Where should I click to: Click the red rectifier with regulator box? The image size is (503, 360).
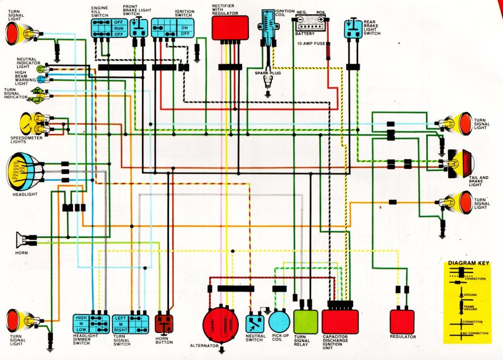[230, 28]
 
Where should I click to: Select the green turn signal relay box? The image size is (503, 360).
[306, 322]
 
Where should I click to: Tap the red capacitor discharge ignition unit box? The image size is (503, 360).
[340, 322]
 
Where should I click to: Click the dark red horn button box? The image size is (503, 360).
[164, 324]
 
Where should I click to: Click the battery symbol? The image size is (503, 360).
[309, 24]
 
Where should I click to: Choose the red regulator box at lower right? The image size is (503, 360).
[402, 322]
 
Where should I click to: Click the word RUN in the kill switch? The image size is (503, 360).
[118, 28]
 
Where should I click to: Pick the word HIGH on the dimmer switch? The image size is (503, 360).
[81, 318]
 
